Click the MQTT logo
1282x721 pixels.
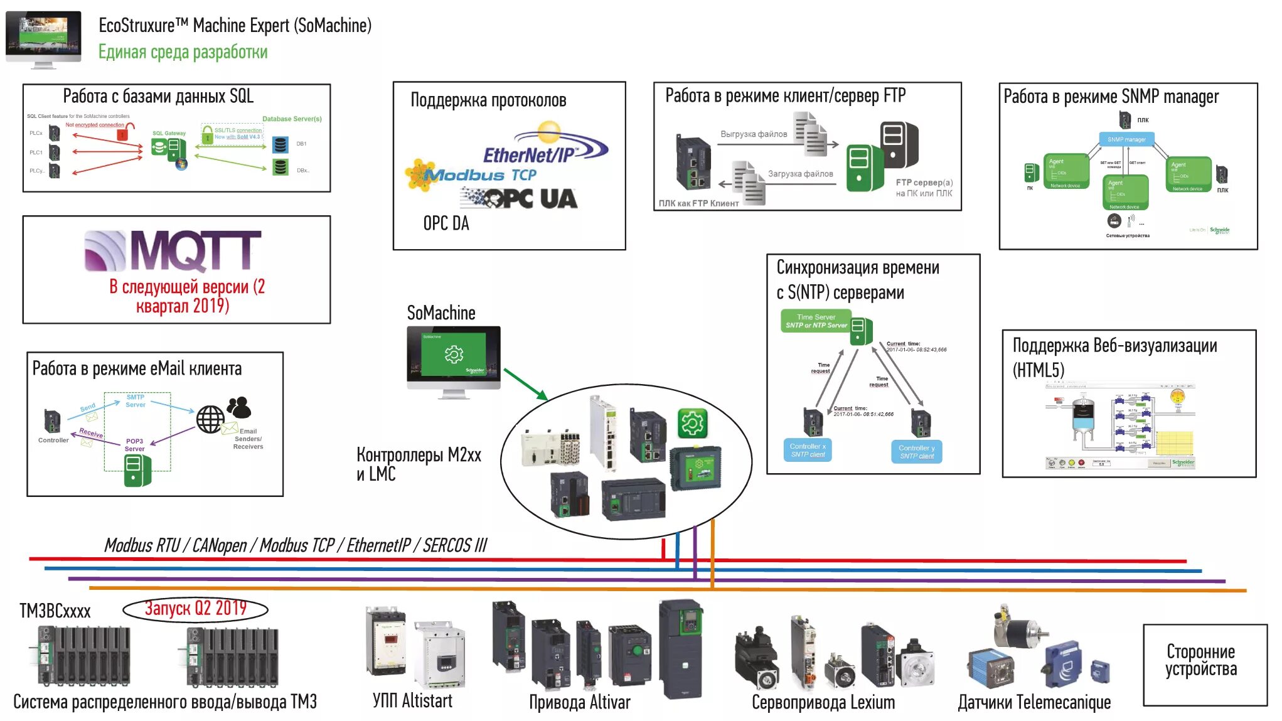pyautogui.click(x=173, y=250)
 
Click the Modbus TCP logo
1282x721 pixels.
pyautogui.click(x=477, y=174)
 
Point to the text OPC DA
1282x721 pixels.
pyautogui.click(x=446, y=223)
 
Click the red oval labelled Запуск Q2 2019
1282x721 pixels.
pyautogui.click(x=195, y=609)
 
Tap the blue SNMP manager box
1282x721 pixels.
pyautogui.click(x=1126, y=139)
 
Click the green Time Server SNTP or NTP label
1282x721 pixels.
pyautogui.click(x=816, y=321)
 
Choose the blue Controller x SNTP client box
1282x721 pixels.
pyautogui.click(x=808, y=450)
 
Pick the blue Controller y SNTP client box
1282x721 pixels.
pyautogui.click(x=916, y=451)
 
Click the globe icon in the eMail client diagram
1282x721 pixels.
pyautogui.click(x=210, y=419)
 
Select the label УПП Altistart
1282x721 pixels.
pyautogui.click(x=412, y=701)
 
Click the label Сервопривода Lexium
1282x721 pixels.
pyautogui.click(x=823, y=703)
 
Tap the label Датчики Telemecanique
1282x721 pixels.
pyautogui.click(x=1034, y=703)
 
